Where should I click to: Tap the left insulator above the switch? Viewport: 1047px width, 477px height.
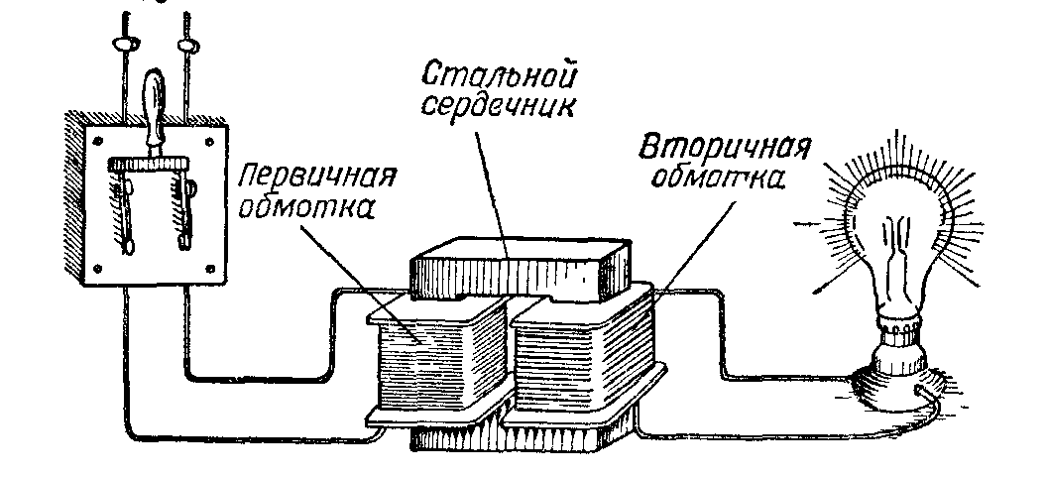coord(124,45)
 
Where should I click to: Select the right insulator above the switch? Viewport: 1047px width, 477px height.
coord(183,44)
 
